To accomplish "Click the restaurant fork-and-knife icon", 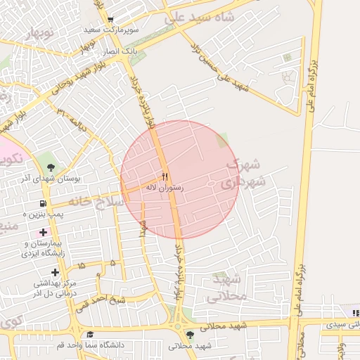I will tap(165, 176).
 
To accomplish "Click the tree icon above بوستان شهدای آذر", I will tap(51, 167).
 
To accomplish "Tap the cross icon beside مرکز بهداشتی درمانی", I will tap(55, 272).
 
